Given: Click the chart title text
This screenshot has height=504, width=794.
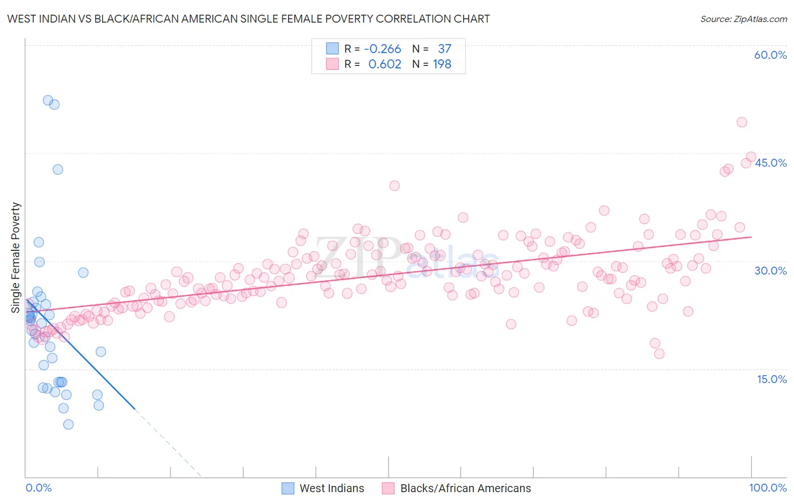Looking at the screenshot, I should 248,19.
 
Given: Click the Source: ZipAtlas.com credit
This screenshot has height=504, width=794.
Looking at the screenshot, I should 743,19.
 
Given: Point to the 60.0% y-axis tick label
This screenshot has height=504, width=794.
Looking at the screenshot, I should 770,55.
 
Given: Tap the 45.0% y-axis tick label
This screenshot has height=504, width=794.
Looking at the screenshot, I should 770,163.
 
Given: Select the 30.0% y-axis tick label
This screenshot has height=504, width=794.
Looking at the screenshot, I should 770,271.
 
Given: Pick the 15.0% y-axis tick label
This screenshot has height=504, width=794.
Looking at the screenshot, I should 771,379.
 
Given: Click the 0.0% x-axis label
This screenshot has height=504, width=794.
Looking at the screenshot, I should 38,488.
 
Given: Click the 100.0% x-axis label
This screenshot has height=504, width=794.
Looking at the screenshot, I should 767,488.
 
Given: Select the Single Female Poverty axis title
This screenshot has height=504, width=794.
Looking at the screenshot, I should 16,258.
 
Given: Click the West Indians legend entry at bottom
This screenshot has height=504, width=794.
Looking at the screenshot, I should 331,488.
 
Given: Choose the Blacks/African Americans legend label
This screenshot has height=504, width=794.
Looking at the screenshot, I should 465,488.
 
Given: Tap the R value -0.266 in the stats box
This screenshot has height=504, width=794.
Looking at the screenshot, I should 382,49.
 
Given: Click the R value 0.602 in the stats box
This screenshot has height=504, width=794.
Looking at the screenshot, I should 385,64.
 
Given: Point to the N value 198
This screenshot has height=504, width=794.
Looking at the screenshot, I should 442,64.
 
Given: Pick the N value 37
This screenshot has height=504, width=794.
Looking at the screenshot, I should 444,49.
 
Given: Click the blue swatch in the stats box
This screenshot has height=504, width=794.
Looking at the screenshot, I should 332,49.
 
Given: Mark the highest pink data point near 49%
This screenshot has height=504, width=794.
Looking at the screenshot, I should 742,122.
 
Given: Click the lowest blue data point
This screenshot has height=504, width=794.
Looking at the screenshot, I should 68,424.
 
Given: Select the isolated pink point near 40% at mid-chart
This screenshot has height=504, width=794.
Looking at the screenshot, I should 395,186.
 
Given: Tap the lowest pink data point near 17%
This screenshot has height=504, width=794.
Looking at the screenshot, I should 659,354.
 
